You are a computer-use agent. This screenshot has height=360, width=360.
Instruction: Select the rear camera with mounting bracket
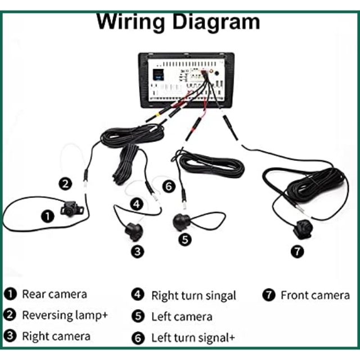pos(71,209)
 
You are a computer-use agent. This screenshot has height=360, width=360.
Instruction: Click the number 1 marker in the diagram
pos(48,215)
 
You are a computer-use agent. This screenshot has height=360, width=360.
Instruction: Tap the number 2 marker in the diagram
pos(66,183)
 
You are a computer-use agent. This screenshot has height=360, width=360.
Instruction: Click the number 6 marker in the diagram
pos(169,186)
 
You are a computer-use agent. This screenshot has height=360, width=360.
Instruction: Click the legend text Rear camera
pos(54,294)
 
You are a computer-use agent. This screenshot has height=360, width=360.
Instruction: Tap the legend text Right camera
pos(56,336)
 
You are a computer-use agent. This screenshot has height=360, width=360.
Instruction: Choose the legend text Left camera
pos(182,317)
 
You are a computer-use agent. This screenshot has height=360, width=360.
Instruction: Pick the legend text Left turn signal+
pos(193,338)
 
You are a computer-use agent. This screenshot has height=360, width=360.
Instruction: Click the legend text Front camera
pos(315,295)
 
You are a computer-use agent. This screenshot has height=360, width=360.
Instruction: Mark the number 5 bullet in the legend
pos(138,316)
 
